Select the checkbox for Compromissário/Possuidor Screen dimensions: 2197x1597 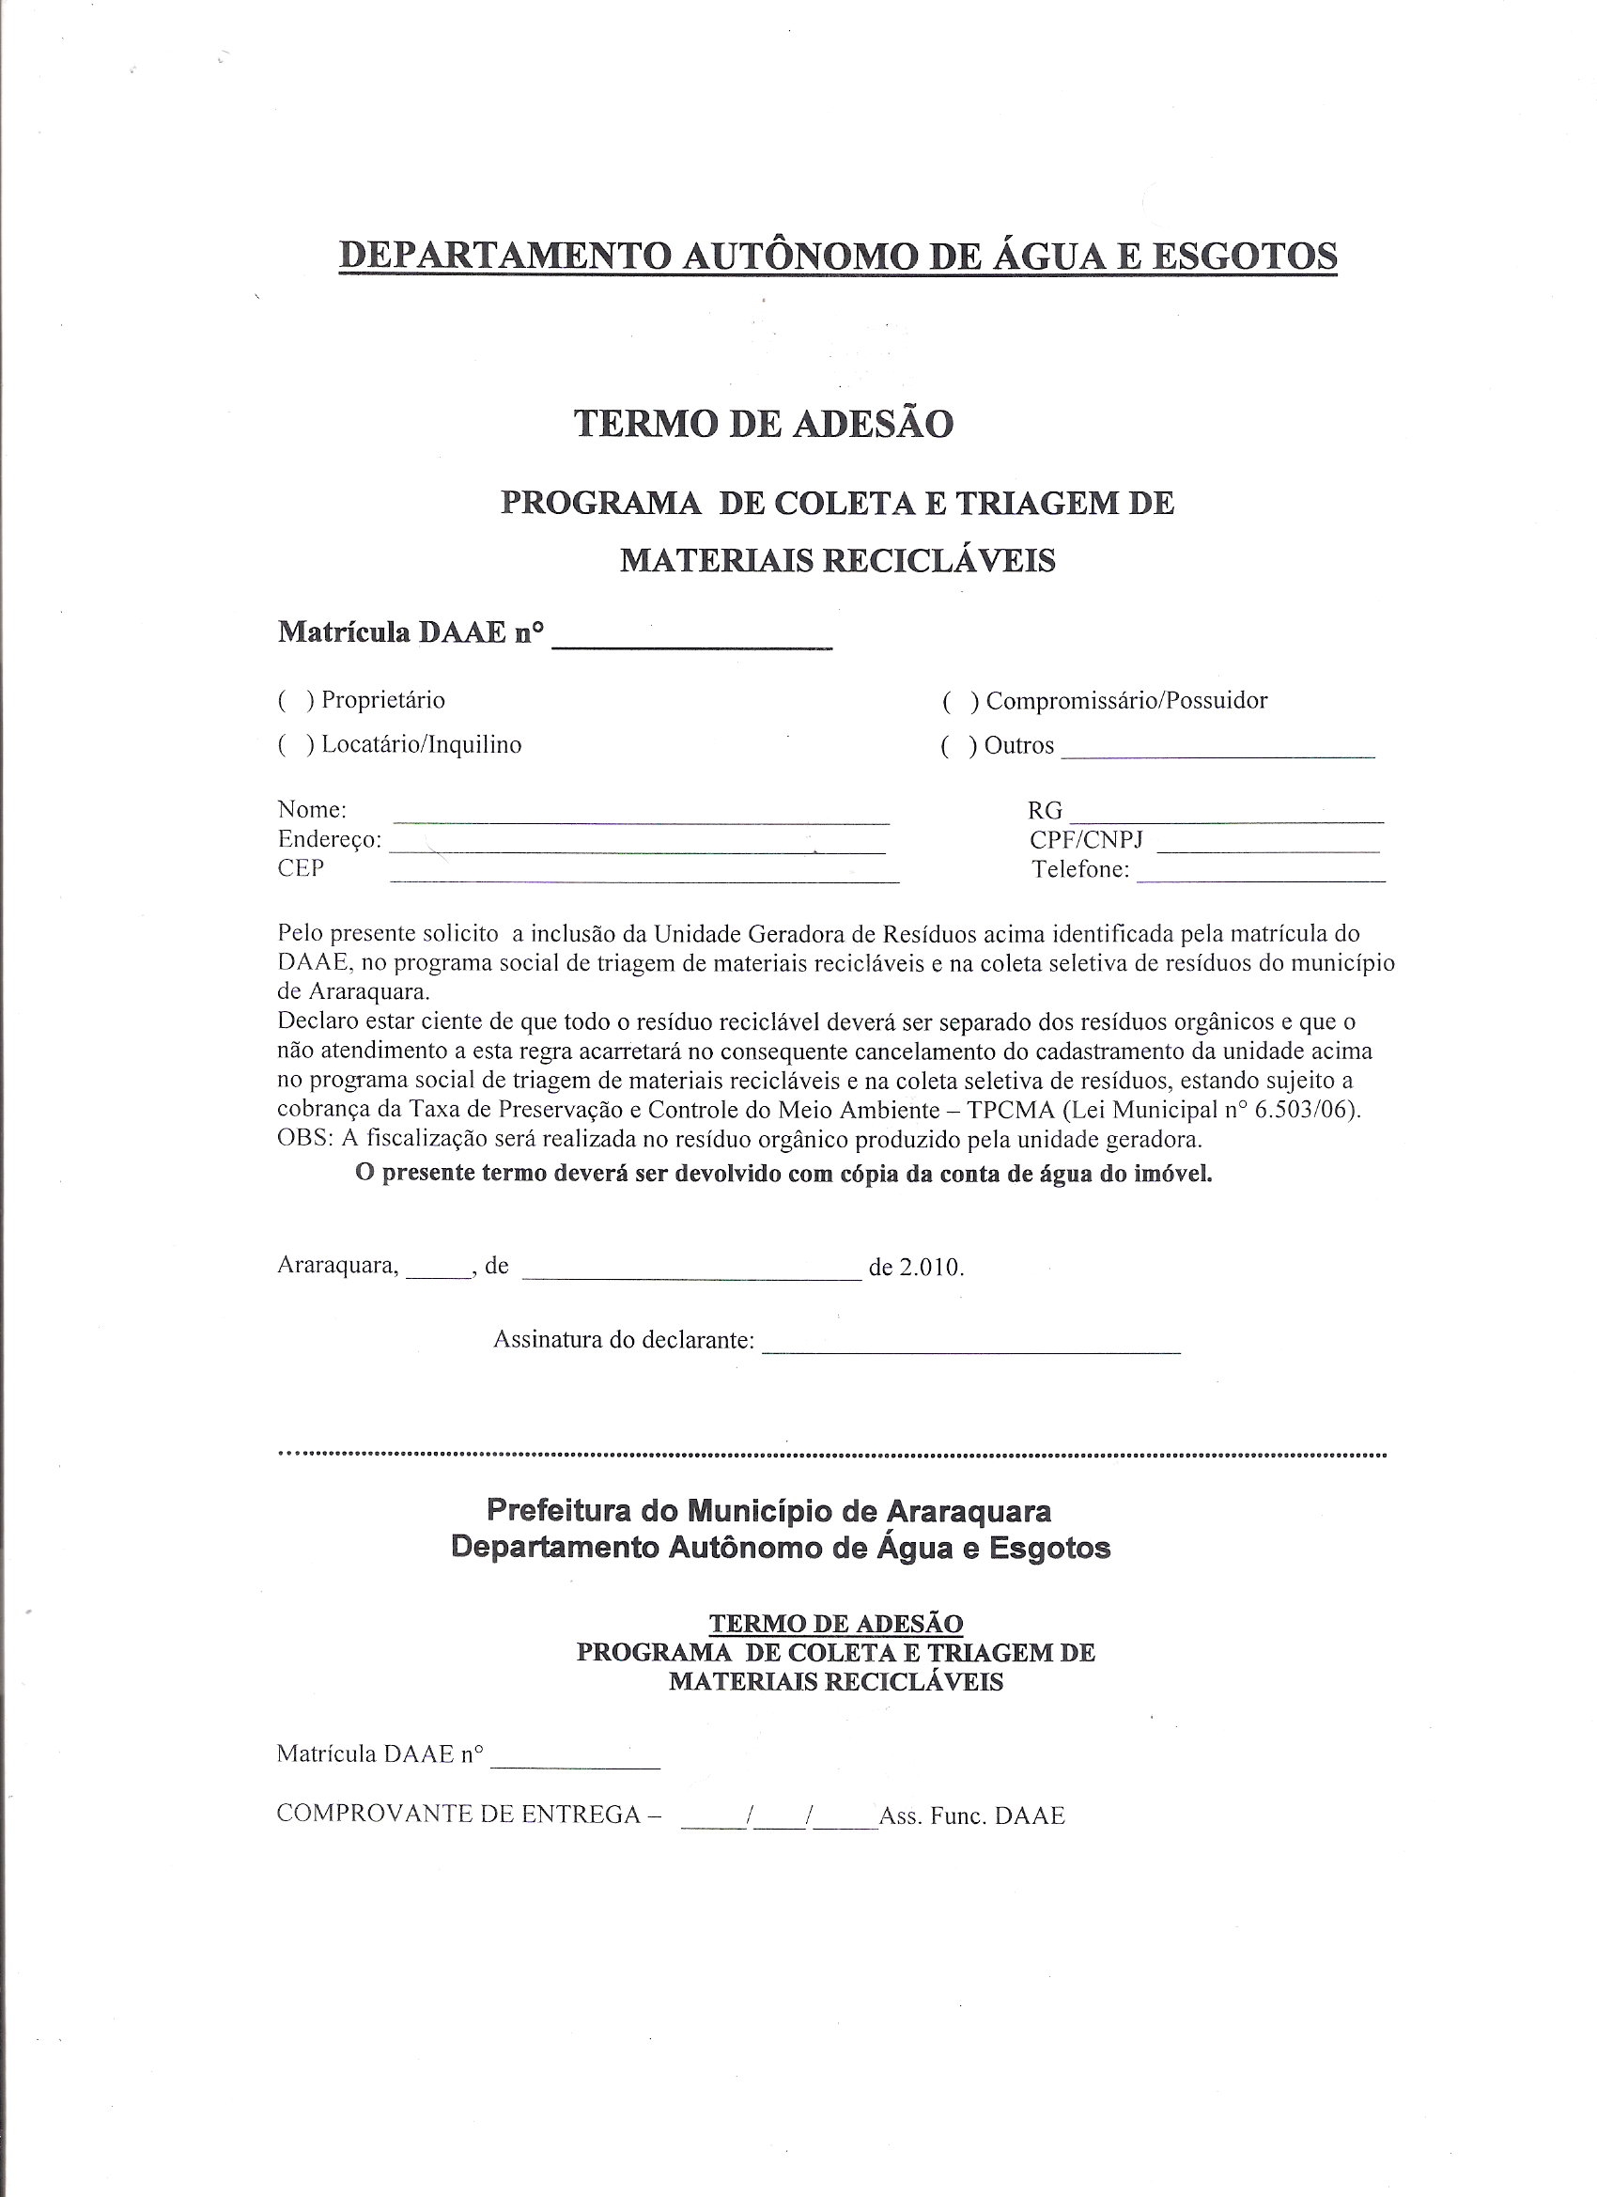click(x=959, y=701)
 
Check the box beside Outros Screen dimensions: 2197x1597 click(x=958, y=746)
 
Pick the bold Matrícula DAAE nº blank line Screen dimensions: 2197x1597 click(x=691, y=645)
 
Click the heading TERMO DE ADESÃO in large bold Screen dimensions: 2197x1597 click(x=764, y=423)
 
